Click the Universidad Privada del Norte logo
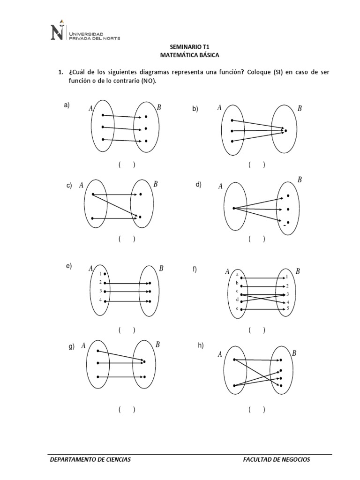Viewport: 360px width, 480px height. [84, 32]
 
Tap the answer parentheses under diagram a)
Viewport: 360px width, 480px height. [127, 165]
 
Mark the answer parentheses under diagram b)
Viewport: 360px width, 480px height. [257, 165]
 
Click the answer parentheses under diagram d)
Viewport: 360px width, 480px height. [257, 239]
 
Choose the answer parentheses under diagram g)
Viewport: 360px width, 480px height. [127, 409]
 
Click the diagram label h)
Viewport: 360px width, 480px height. [201, 345]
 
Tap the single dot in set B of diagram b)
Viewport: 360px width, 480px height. [285, 130]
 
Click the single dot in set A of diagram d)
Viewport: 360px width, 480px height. [233, 208]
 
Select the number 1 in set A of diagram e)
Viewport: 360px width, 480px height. [100, 274]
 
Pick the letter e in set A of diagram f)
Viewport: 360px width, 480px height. [237, 309]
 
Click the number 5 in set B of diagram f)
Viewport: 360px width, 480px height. [287, 308]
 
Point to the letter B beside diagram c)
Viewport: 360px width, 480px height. [156, 184]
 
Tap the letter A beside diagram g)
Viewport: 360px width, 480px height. [83, 346]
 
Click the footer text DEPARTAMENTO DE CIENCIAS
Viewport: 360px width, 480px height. [90, 459]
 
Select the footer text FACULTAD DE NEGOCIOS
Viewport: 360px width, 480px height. [277, 459]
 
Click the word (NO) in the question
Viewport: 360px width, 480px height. [146, 81]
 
